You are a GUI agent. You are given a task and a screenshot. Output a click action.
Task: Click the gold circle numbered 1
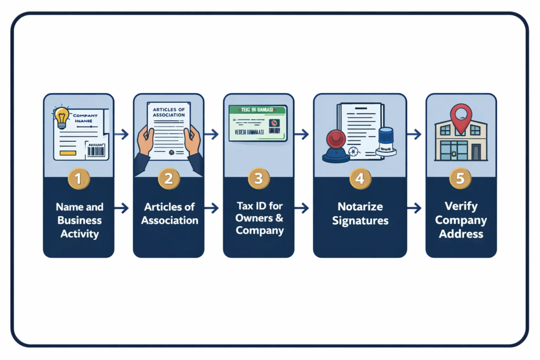(x=78, y=179)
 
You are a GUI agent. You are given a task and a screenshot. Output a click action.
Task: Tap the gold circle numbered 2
(x=169, y=179)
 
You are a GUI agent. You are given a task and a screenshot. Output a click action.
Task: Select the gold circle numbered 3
(x=258, y=179)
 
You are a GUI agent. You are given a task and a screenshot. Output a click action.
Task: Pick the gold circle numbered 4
(x=360, y=179)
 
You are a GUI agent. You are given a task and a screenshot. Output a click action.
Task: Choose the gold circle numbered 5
(x=460, y=179)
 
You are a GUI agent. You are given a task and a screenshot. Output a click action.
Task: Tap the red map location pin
(x=460, y=114)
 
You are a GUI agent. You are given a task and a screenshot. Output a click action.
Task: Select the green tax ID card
(x=258, y=123)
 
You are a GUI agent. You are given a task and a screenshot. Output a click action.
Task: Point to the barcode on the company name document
(x=96, y=151)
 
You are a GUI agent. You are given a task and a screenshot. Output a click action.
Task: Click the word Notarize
(x=360, y=207)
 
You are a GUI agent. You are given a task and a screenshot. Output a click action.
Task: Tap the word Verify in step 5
(x=461, y=207)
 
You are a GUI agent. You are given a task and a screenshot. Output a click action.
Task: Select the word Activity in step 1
(x=79, y=233)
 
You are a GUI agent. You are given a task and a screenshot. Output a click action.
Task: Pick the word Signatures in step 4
(x=360, y=220)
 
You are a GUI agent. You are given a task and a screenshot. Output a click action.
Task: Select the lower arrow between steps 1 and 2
(x=122, y=208)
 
